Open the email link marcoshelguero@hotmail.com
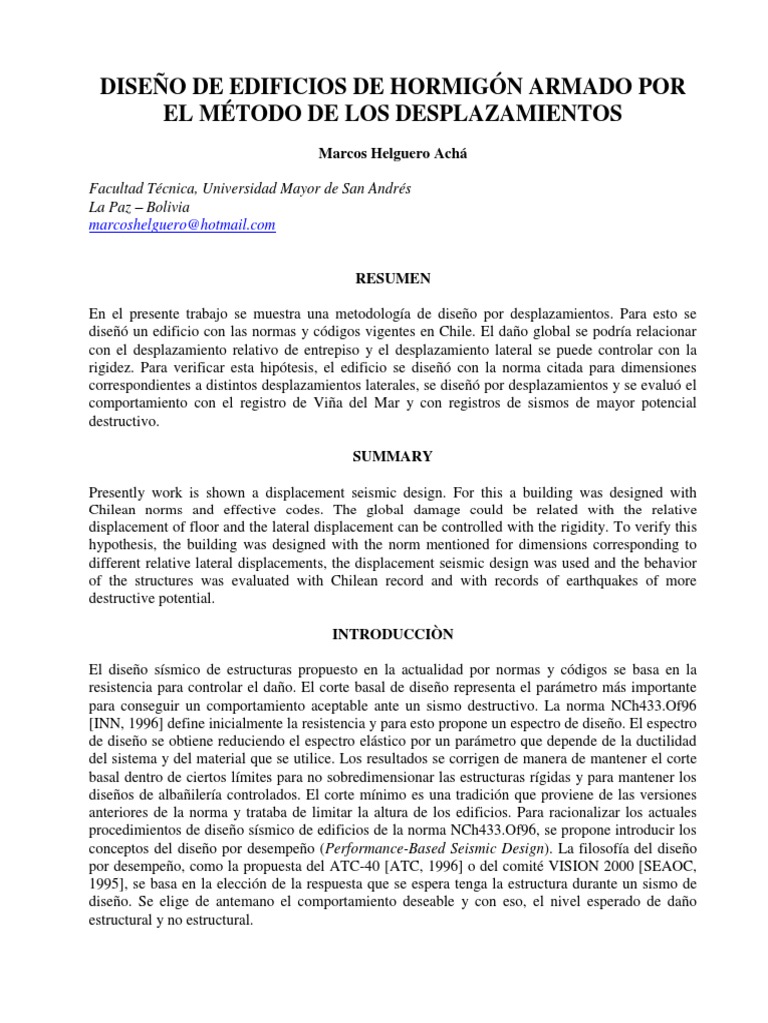[182, 226]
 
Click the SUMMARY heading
[383, 456]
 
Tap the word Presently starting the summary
[122, 493]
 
